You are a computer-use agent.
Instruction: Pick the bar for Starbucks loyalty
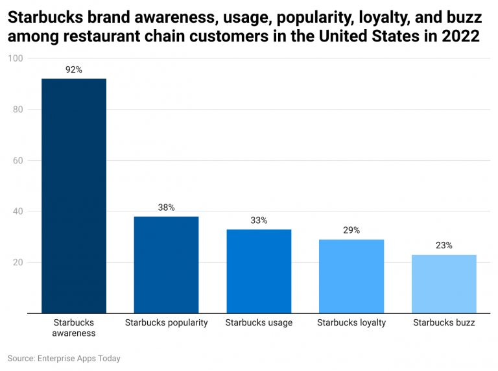351,276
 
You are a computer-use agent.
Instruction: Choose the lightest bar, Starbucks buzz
444,284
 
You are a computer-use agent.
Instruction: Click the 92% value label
74,69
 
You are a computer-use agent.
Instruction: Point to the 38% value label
166,208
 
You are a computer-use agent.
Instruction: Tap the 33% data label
259,221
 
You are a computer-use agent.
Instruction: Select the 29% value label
351,230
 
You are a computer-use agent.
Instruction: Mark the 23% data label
444,246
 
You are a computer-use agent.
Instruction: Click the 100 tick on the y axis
16,58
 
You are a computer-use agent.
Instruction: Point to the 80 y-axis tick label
18,110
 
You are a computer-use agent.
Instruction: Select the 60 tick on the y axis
18,161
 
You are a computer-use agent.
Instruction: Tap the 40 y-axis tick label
18,211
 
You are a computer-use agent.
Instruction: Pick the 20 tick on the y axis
18,263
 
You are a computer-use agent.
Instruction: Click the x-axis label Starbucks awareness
74,328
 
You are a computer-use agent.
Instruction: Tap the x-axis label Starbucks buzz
444,322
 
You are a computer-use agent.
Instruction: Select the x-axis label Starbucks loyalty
351,322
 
